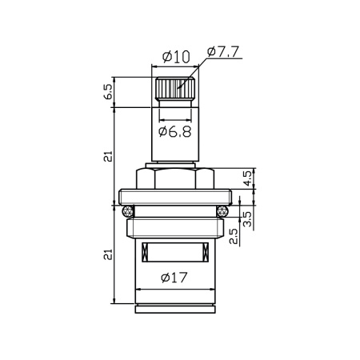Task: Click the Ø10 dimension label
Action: (x=174, y=56)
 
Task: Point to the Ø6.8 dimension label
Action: (x=174, y=131)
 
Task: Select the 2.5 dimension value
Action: (x=231, y=237)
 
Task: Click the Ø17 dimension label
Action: (x=174, y=278)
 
